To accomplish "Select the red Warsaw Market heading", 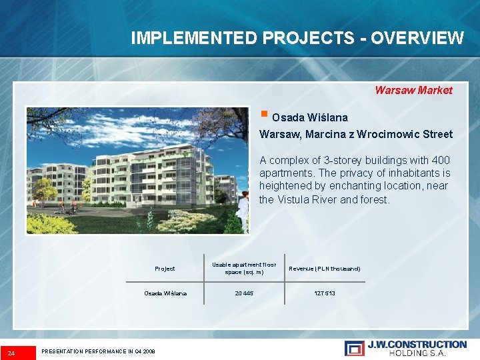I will (413, 90).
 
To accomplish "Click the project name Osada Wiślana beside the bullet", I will (310, 117).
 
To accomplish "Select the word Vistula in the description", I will (296, 199).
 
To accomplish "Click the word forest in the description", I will (374, 199).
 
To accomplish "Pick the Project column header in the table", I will (165, 269).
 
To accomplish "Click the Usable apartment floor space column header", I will (244, 269).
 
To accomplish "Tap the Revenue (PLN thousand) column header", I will (325, 269).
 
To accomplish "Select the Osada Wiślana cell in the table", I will (165, 293).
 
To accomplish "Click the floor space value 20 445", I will (244, 293).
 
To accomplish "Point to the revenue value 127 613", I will (325, 293).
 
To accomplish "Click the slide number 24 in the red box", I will (11, 351).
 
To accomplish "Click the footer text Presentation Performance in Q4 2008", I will (98, 351).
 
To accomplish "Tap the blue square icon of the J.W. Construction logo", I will (354, 347).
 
